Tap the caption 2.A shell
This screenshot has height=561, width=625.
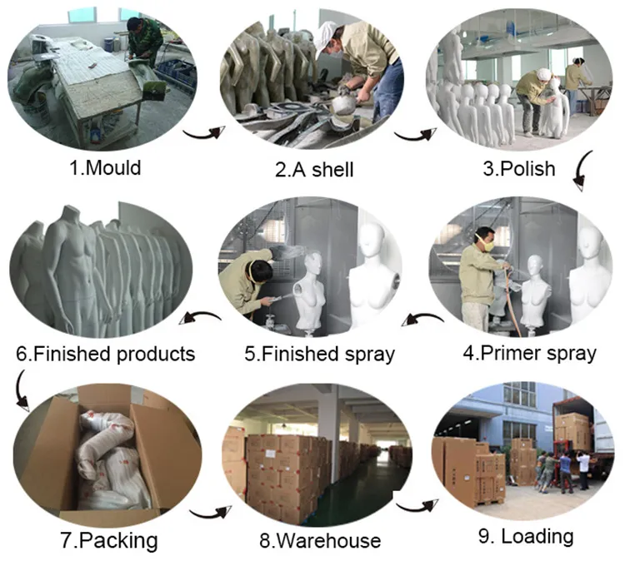pos(314,170)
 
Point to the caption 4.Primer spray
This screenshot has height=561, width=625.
pos(529,353)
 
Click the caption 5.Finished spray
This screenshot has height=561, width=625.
pos(319,354)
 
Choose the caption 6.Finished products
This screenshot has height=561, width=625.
pos(105,354)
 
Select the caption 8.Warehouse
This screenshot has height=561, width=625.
pos(319,541)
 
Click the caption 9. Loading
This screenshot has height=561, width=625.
pos(524,536)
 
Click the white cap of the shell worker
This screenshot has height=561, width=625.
pos(326,34)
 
